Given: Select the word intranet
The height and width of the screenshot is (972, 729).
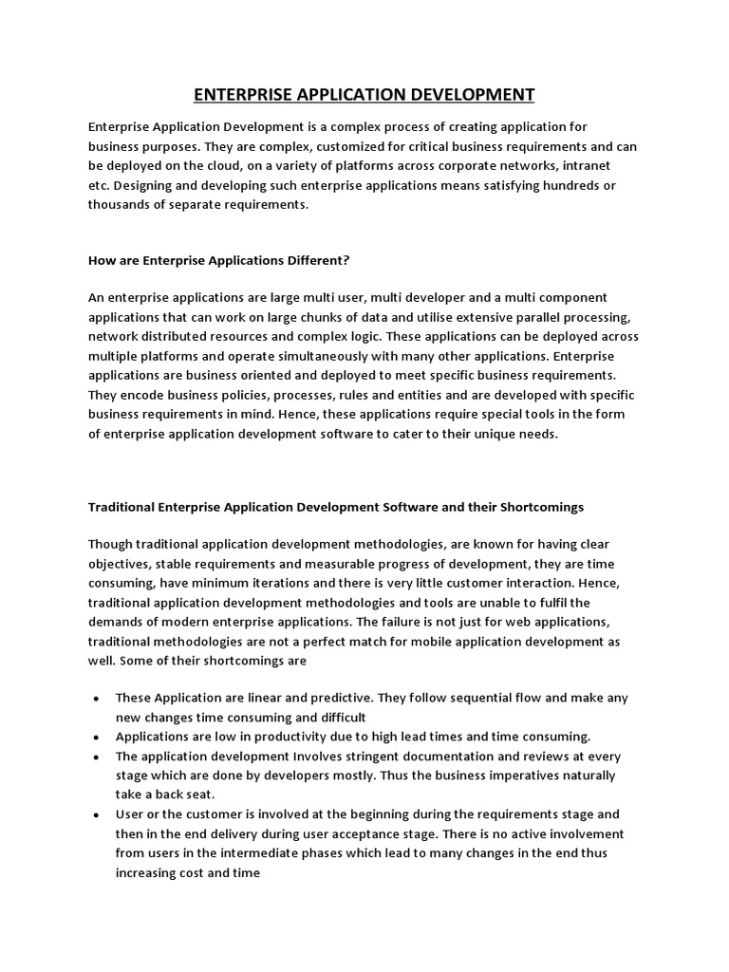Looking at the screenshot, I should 591,166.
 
